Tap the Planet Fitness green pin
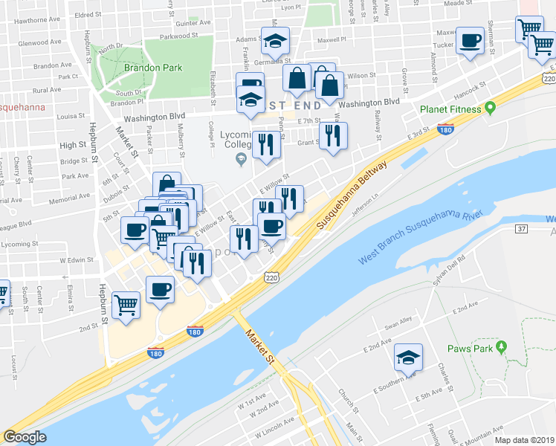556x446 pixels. click(x=490, y=109)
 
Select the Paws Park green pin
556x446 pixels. click(x=502, y=347)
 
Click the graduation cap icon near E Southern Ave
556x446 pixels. click(x=408, y=358)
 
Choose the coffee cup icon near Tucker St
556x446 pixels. click(x=470, y=41)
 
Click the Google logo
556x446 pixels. click(x=25, y=437)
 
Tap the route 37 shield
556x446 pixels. click(x=520, y=228)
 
